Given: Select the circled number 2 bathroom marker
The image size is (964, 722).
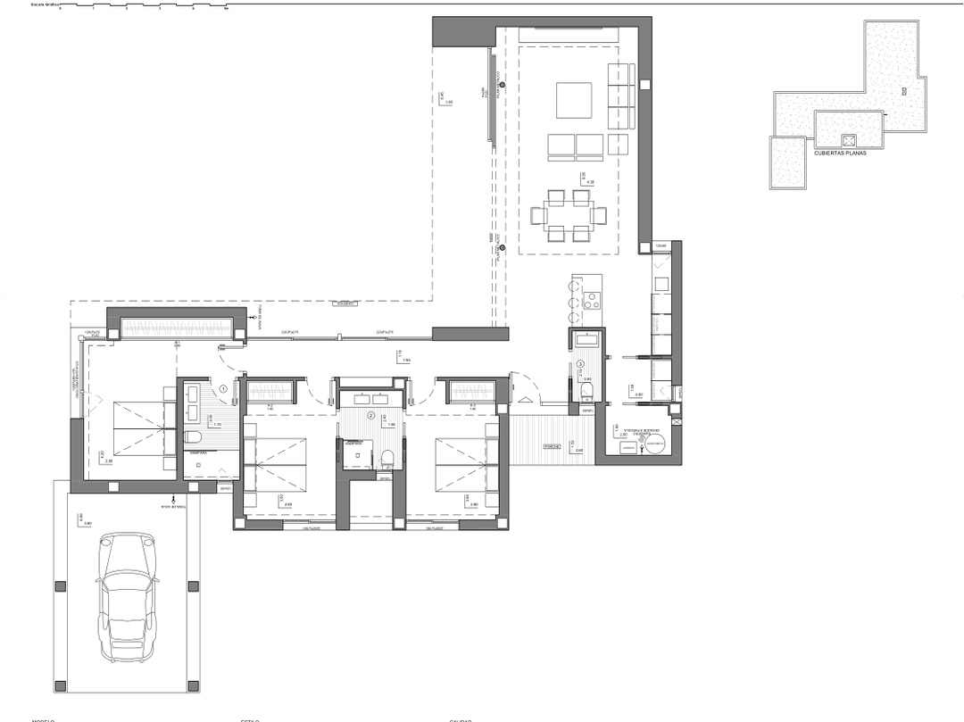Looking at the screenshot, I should [x=371, y=413].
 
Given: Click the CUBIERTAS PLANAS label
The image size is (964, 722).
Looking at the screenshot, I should [x=841, y=153].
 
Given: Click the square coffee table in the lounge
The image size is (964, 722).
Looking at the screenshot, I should [x=574, y=100].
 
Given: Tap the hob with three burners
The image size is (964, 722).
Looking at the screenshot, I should [x=593, y=300].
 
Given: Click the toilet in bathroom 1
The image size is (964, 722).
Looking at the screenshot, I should [x=194, y=436].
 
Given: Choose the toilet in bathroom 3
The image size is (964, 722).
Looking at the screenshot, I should [x=586, y=391].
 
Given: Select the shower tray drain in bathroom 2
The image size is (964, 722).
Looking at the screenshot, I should [x=356, y=454].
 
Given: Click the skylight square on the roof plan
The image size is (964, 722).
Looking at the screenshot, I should [x=849, y=140].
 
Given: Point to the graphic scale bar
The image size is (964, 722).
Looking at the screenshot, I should [x=143, y=6].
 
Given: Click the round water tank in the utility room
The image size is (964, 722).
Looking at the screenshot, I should [x=653, y=444].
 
